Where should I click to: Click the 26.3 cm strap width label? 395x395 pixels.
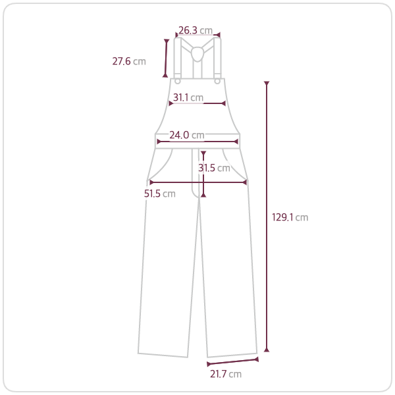(x=196, y=30)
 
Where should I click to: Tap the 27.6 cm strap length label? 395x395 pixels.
(x=129, y=61)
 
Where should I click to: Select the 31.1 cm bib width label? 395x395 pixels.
(x=188, y=97)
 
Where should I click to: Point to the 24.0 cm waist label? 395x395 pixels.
(x=187, y=135)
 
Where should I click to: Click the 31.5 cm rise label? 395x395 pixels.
(x=214, y=168)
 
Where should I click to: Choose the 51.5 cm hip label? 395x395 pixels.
(x=160, y=194)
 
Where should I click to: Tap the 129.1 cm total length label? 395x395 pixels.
(x=290, y=217)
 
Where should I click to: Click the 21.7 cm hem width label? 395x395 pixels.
(x=226, y=374)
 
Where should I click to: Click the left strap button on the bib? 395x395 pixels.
(x=178, y=82)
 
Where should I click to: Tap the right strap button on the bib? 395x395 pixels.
(x=217, y=82)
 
